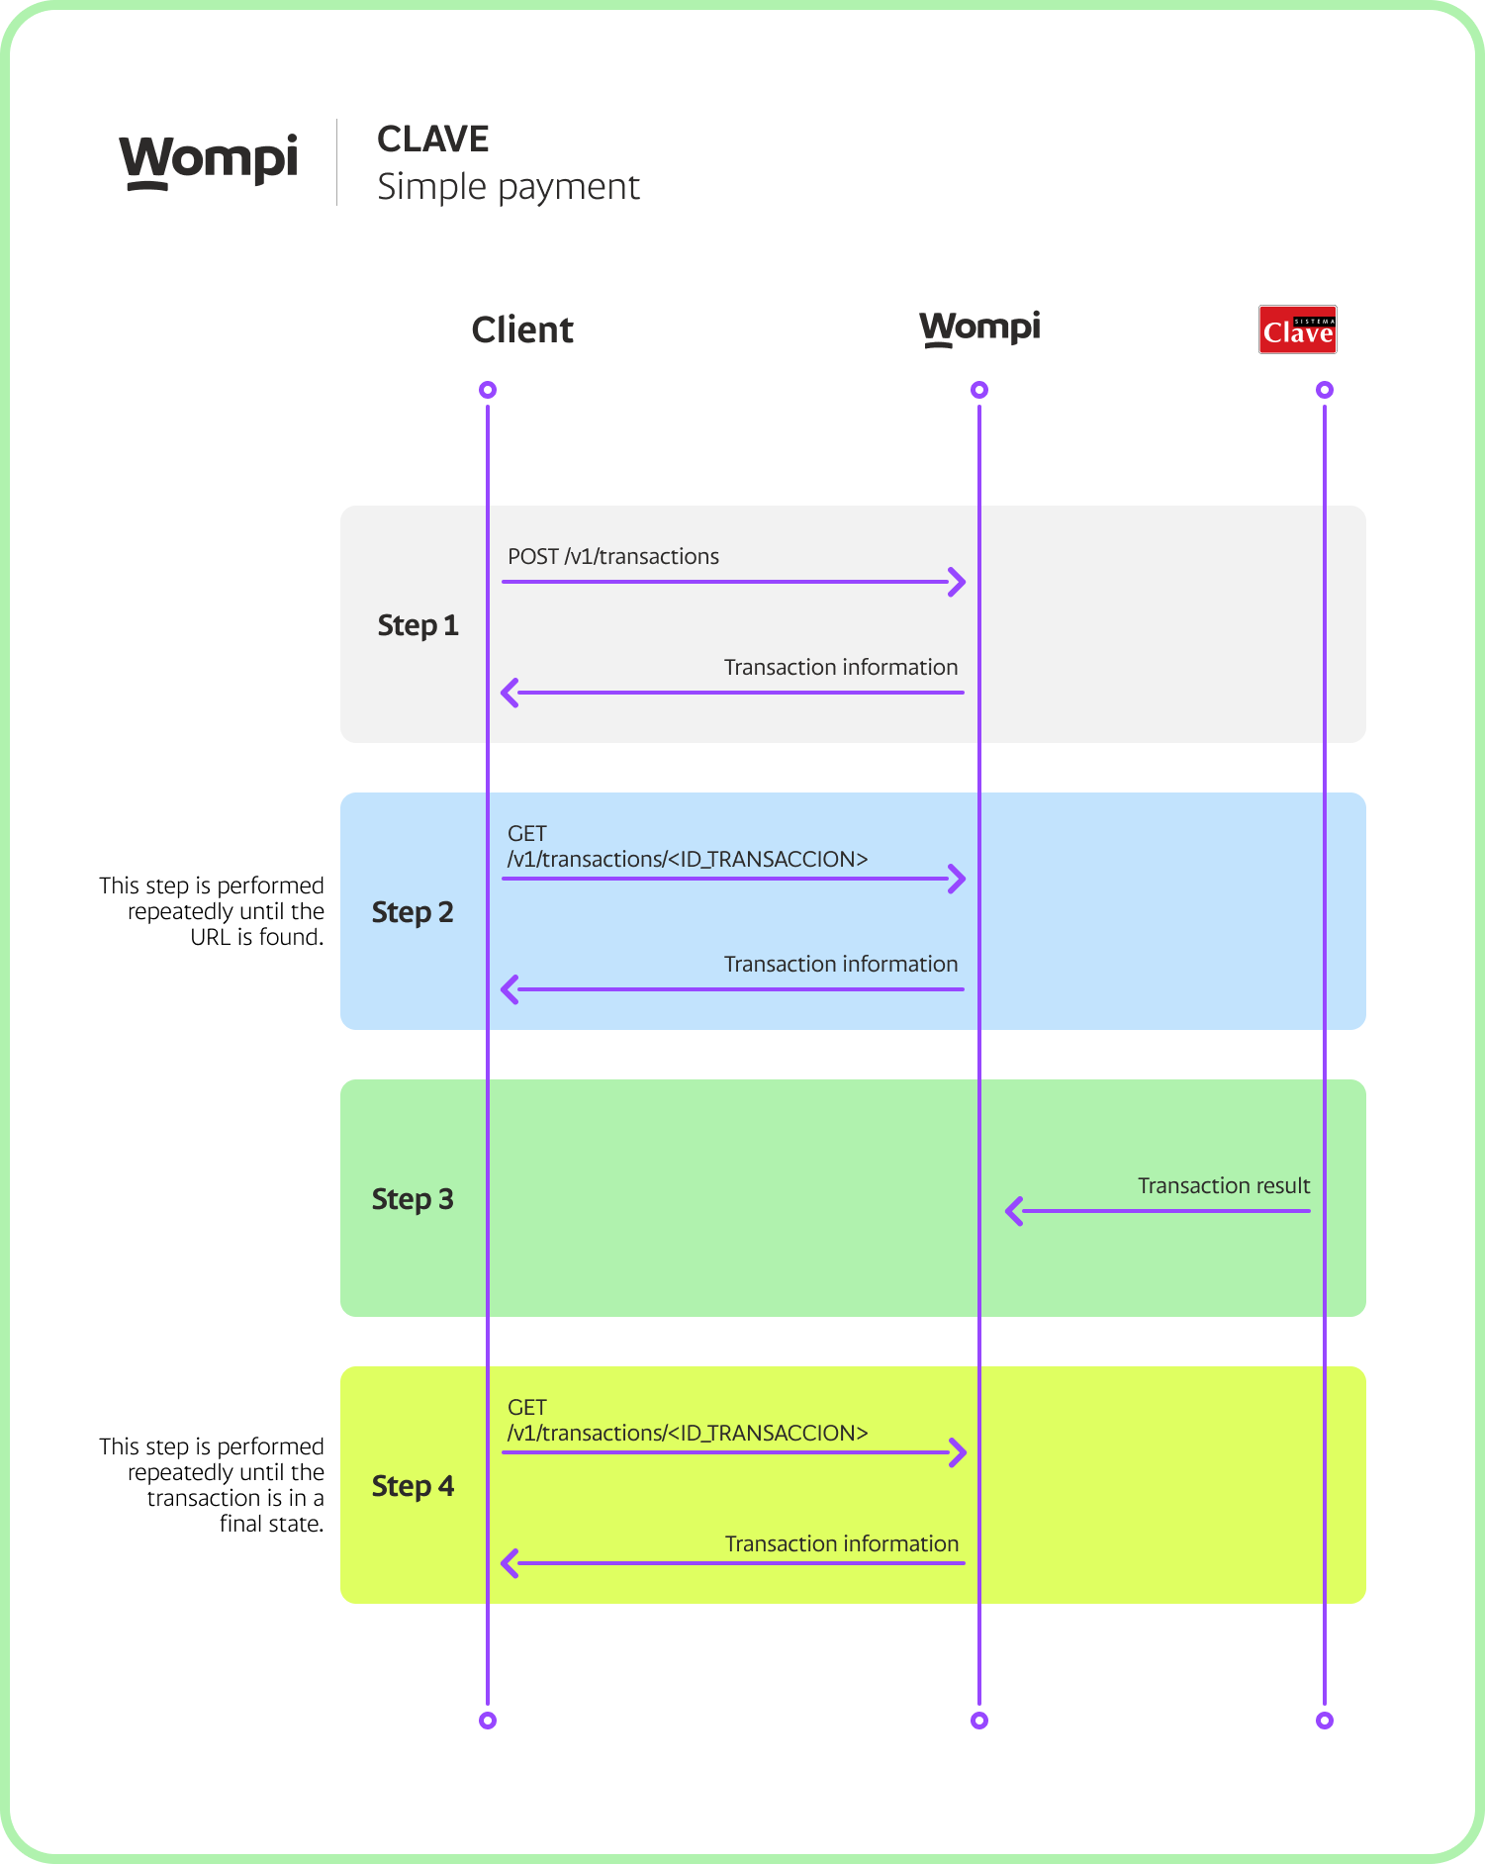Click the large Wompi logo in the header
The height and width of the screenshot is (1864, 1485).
pos(209,159)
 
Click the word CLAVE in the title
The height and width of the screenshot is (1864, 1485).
pos(432,140)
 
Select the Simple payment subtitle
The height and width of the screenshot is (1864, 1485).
pos(508,187)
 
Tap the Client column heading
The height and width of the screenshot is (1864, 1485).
pos(521,329)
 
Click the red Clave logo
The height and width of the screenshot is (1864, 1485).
pos(1297,329)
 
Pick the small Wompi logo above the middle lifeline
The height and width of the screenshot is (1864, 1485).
pos(979,327)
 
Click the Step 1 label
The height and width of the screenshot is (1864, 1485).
pos(418,625)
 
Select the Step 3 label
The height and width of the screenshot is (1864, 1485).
pos(413,1199)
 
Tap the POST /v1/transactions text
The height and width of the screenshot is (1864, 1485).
pos(612,556)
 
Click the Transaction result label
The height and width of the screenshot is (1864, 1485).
pos(1223,1185)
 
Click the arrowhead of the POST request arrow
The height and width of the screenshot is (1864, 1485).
pos(958,582)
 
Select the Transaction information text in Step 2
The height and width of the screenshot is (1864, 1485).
pos(840,964)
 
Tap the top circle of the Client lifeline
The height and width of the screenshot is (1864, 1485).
pos(487,390)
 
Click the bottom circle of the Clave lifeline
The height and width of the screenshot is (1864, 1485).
pos(1324,1721)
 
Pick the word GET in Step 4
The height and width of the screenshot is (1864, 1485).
pos(526,1407)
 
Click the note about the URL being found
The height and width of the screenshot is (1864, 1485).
pos(212,911)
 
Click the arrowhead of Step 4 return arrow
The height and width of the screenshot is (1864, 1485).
pos(510,1563)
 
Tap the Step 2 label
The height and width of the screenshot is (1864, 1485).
pos(413,912)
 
